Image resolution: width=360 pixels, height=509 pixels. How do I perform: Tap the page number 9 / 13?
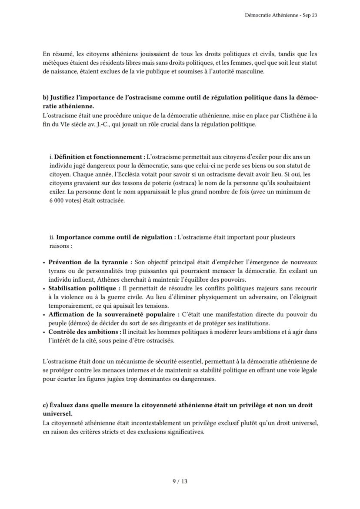tap(180, 481)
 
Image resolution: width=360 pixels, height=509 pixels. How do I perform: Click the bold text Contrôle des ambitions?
tap(84, 332)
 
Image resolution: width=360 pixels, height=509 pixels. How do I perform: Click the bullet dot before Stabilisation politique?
tap(44, 289)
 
